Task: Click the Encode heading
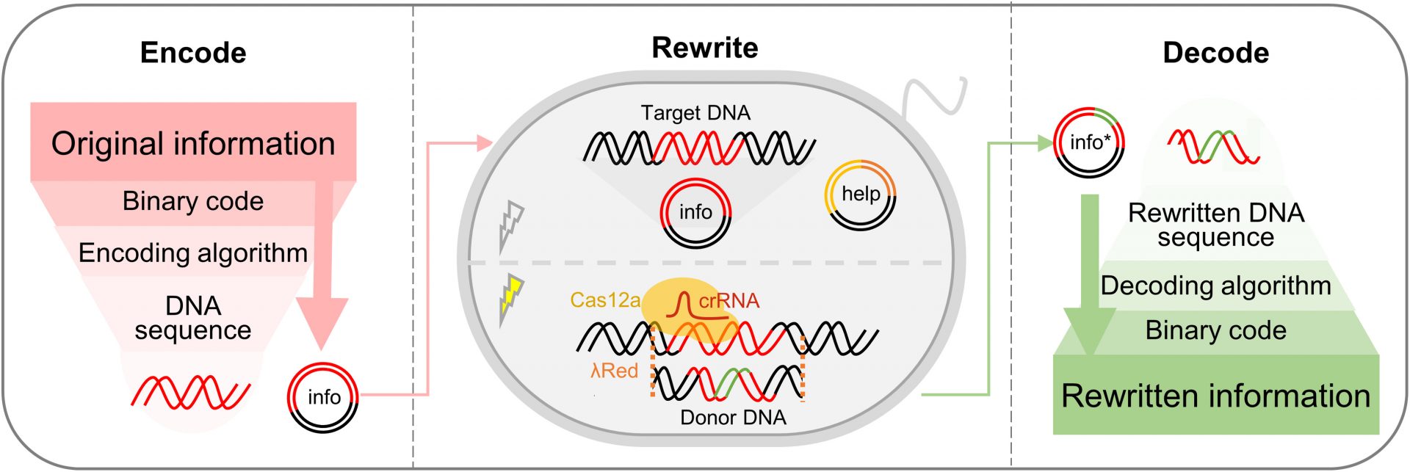[193, 53]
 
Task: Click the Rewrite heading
[704, 48]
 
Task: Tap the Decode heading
[1215, 53]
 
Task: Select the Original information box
[193, 143]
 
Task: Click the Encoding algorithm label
[193, 253]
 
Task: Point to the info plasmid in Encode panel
[323, 397]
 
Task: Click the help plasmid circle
[860, 195]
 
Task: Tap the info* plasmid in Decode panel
[1089, 142]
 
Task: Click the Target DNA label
[695, 113]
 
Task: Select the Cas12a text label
[605, 300]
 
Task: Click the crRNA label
[728, 301]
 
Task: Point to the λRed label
[614, 371]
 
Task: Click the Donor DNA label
[732, 418]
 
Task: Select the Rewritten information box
[1215, 396]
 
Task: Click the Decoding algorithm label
[1215, 286]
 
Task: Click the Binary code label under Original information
[193, 201]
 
